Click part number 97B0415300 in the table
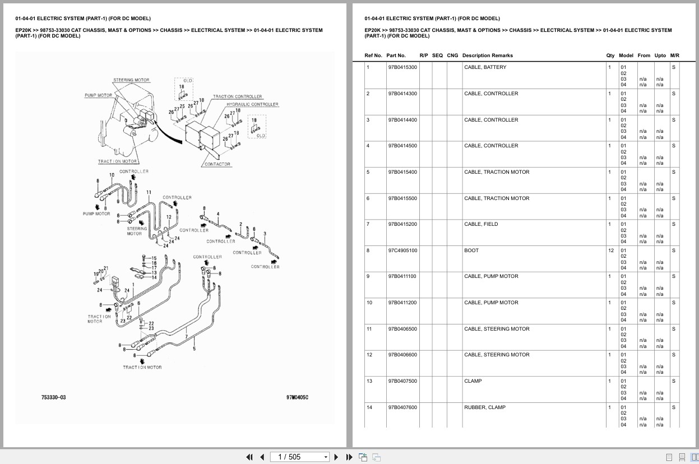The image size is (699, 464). coord(402,67)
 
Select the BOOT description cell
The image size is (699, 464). coord(471,250)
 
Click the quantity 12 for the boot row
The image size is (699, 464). coord(610,250)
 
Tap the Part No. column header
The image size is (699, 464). coord(396,55)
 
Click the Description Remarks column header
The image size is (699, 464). coord(487,55)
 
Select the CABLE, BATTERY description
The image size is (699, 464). coord(485,67)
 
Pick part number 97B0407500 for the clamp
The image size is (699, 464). coord(402,381)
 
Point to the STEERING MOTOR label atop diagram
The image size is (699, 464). coord(131,80)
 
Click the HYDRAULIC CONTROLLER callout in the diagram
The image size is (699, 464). coord(252,104)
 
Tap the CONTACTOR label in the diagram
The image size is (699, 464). coord(217,164)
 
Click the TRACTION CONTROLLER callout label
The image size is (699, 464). coord(237,96)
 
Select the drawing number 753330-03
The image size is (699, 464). coord(53,397)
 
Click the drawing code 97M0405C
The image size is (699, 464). coord(297,397)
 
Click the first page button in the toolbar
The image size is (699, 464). coord(249,457)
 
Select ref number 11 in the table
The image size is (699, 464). coord(369,329)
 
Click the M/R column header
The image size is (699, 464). coord(674,55)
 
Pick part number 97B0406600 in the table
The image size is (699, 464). coord(402,355)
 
